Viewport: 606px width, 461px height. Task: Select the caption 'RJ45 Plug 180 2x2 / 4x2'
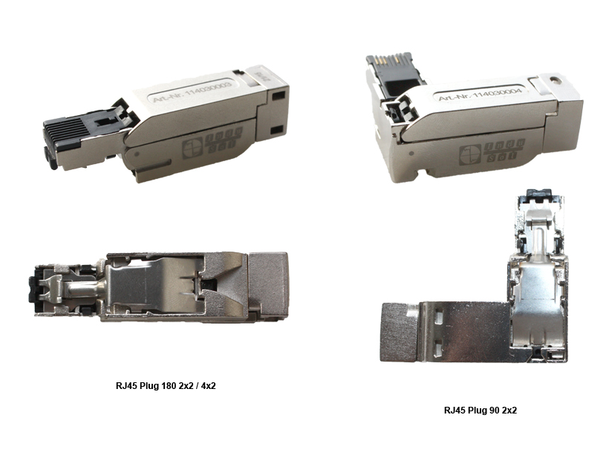click(x=161, y=386)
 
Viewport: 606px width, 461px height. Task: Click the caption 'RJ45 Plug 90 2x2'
click(x=480, y=410)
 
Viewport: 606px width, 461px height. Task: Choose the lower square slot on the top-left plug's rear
click(x=276, y=129)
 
